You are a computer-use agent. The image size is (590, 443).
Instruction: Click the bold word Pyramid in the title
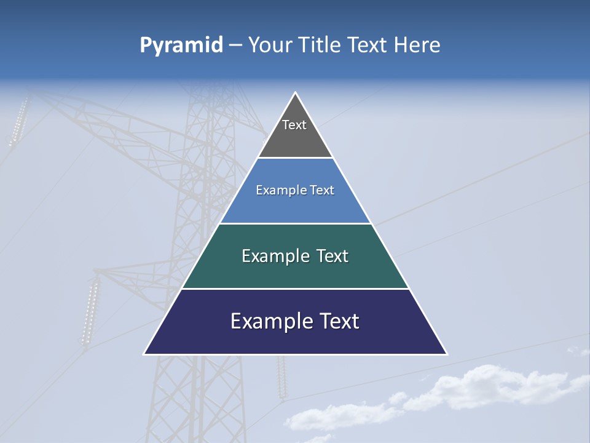[x=181, y=45]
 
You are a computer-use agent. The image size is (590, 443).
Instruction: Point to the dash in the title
[x=235, y=46]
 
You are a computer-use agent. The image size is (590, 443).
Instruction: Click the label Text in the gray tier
[x=294, y=125]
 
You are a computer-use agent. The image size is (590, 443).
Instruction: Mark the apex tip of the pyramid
[x=296, y=93]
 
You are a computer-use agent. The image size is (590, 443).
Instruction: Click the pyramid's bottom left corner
[x=144, y=354]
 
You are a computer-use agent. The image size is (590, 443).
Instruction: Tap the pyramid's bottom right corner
[x=447, y=354]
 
